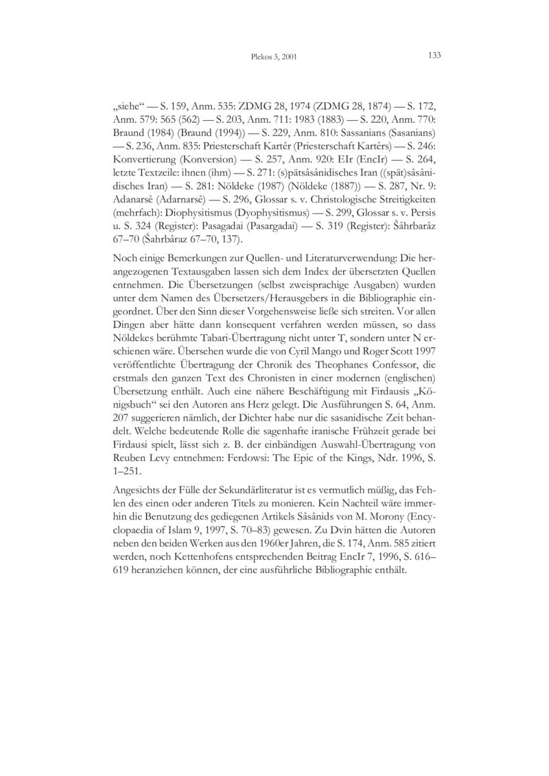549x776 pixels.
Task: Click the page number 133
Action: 434,56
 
